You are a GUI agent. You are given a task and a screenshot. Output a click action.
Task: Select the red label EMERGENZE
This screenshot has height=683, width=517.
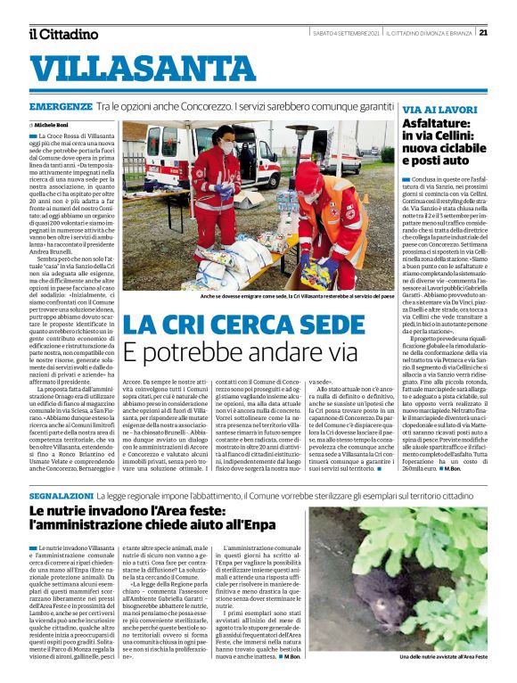[x=60, y=106]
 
